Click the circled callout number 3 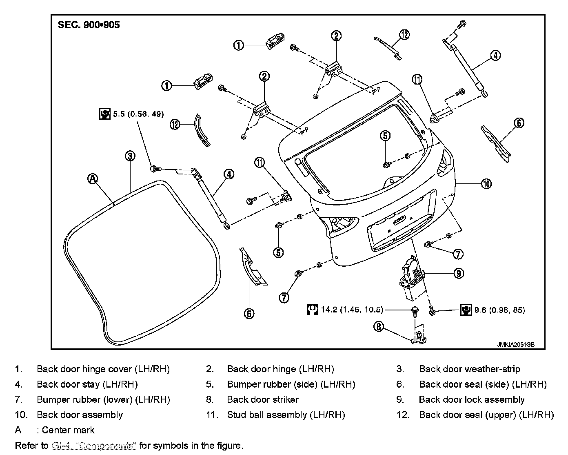point(129,156)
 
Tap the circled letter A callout point(93,178)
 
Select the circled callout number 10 point(486,184)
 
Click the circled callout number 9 point(459,273)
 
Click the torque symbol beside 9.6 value point(466,310)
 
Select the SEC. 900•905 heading point(89,25)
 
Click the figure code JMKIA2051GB point(515,344)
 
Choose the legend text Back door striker point(263,399)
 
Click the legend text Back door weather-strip point(469,369)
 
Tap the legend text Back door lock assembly point(471,399)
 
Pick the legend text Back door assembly point(80,415)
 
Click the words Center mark point(68,430)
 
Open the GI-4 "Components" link point(94,445)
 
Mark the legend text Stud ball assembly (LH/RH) point(286,415)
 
